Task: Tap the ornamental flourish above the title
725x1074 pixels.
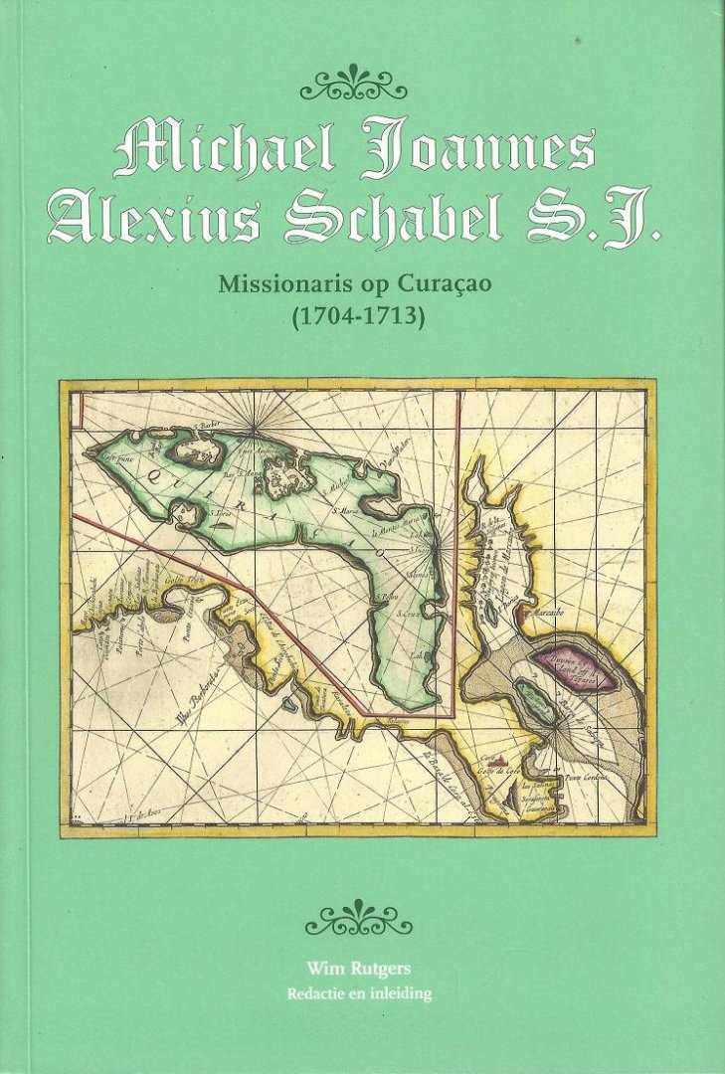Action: click(x=354, y=84)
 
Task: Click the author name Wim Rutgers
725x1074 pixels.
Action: click(x=359, y=966)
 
